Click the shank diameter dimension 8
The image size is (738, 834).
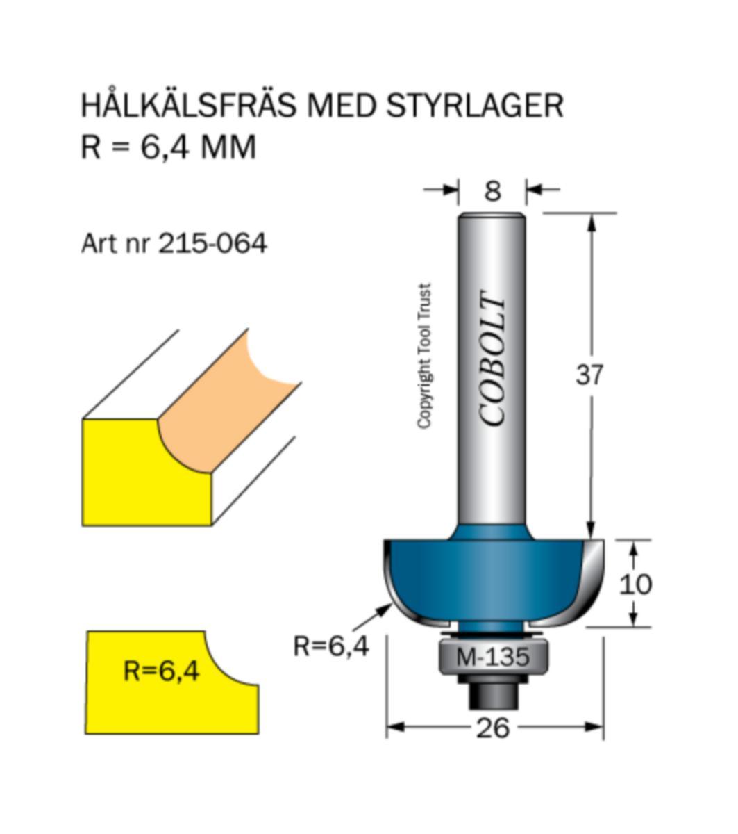point(492,190)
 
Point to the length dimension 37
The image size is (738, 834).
point(590,375)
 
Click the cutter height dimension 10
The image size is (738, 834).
point(635,584)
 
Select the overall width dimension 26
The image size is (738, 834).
point(494,728)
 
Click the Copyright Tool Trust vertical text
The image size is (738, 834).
point(424,356)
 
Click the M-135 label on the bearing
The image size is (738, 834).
point(493,656)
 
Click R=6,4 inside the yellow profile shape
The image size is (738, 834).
point(161,671)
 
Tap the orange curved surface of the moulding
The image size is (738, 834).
point(222,410)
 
